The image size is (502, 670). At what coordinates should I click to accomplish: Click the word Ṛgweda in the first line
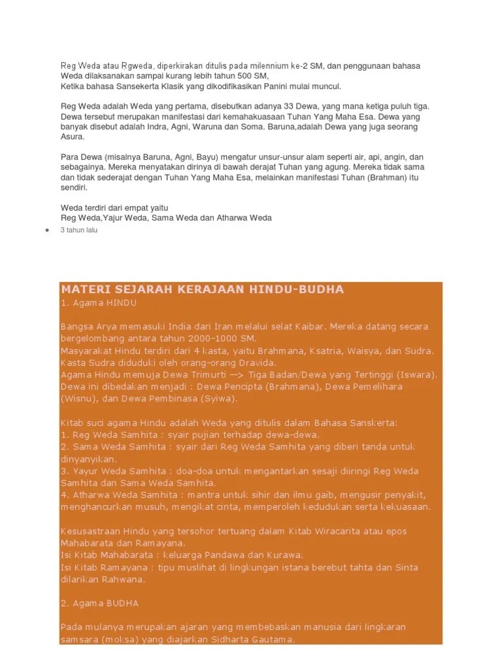[x=135, y=66]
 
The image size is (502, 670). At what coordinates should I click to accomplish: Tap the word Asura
[x=73, y=137]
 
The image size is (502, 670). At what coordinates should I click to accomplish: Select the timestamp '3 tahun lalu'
[x=78, y=230]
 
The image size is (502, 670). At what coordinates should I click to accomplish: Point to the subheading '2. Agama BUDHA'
[x=99, y=603]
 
